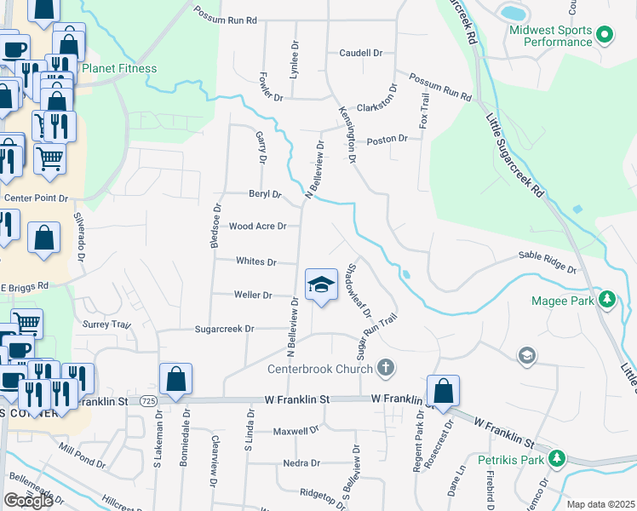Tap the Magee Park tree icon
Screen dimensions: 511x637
click(x=606, y=300)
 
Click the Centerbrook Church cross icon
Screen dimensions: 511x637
click(x=385, y=368)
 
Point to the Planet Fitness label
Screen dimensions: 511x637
click(x=119, y=68)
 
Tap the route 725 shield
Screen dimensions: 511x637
click(x=147, y=400)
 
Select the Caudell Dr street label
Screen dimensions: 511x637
click(x=360, y=53)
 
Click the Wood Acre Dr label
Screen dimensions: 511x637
click(x=257, y=227)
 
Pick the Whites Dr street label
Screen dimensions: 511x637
click(x=256, y=261)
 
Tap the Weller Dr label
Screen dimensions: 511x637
click(x=253, y=295)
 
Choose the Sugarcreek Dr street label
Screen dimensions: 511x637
click(x=225, y=329)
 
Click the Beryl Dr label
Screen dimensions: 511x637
click(x=265, y=194)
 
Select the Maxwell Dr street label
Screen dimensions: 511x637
click(x=296, y=431)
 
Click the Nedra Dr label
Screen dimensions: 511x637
click(x=301, y=463)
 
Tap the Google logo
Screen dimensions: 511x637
click(x=28, y=500)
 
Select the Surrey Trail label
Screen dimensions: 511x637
click(x=106, y=324)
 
